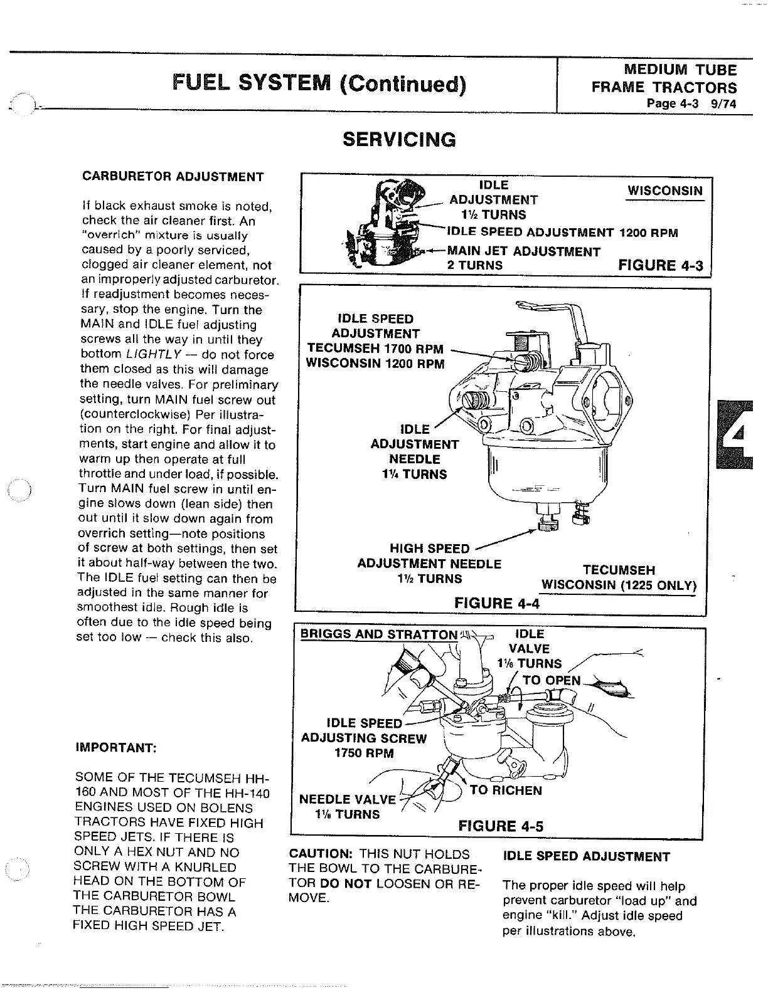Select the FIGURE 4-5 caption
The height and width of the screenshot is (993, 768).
(x=501, y=826)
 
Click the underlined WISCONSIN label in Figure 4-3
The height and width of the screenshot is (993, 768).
(x=665, y=191)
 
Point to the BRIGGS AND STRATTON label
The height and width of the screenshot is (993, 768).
(x=379, y=634)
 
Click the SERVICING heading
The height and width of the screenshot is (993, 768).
(x=398, y=139)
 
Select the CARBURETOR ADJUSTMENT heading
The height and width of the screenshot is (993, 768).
(x=173, y=176)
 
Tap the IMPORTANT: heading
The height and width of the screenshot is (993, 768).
(x=115, y=748)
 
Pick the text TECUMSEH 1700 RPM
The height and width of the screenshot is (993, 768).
(x=375, y=349)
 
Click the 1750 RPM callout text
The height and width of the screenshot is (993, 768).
(x=365, y=753)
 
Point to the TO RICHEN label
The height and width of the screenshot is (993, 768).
(x=505, y=790)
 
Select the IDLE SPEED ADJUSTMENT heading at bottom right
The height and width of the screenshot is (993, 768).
(x=586, y=856)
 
